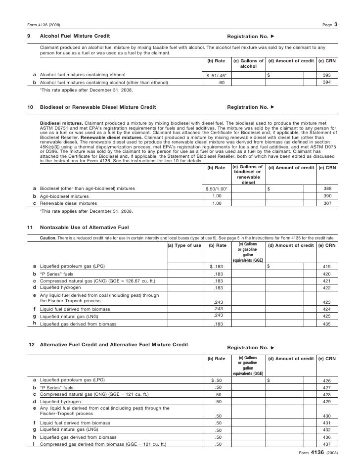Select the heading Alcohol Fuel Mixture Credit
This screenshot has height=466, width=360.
click(75, 37)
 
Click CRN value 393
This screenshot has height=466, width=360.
click(326, 75)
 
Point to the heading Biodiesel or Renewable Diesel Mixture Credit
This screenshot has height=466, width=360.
click(97, 107)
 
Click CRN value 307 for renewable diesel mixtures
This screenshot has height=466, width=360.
click(326, 203)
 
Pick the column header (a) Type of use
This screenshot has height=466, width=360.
click(184, 245)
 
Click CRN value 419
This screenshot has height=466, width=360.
click(326, 267)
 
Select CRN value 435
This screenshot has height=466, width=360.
click(326, 324)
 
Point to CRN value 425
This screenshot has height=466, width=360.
click(326, 316)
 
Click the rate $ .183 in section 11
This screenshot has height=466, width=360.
click(217, 267)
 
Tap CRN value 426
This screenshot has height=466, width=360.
click(326, 380)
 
